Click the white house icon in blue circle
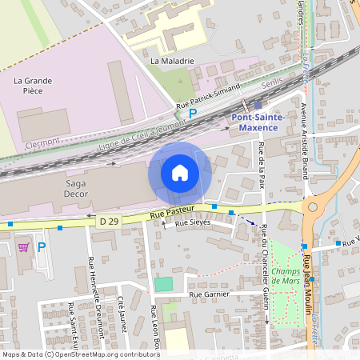180,172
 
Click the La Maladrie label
172,60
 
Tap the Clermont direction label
43,142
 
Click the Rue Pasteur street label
173,214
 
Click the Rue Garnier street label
209,294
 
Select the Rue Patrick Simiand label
208,98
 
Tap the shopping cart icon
22,246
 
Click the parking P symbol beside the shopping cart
42,247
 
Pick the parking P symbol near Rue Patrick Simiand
192,114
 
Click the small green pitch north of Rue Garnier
163,283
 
